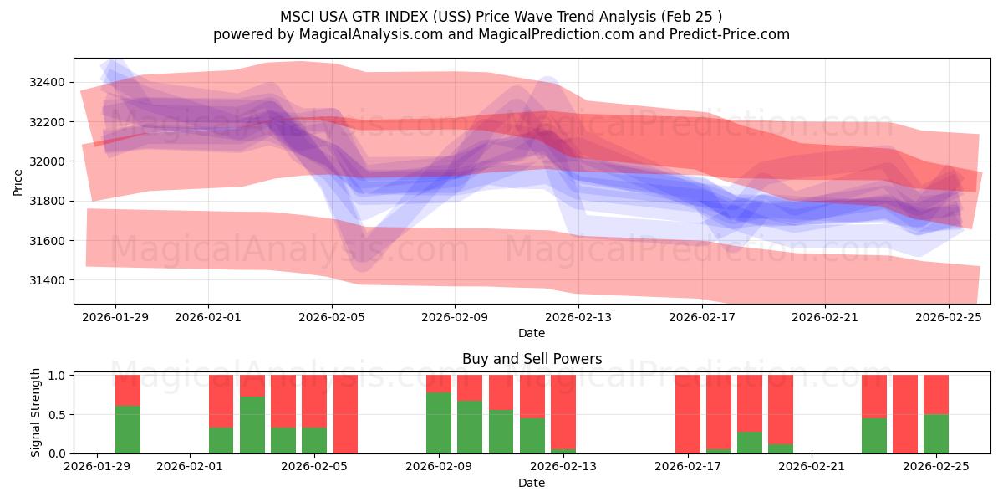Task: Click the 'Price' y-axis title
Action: pos(18,181)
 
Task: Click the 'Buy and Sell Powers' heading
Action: pos(532,359)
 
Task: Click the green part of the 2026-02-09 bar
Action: pos(439,423)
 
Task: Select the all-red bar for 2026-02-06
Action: pos(345,414)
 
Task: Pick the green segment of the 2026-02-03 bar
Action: pos(252,425)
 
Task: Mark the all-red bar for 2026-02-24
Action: pos(905,414)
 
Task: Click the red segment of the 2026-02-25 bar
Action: pos(936,394)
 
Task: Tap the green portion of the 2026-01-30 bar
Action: pos(128,429)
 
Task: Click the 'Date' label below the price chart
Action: pos(532,333)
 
